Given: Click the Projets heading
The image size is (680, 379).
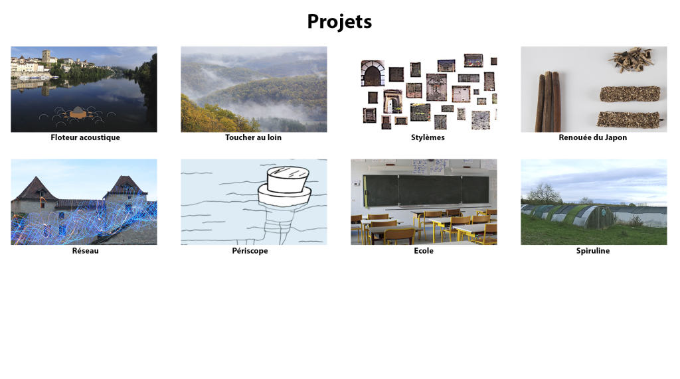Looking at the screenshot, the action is coord(339,22).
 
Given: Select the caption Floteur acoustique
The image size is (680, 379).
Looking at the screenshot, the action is coord(85,137).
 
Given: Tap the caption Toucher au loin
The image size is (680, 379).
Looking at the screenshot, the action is coord(253,137).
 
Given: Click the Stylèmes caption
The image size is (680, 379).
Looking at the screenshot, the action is coord(428,137).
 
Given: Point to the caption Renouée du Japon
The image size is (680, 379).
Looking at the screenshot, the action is coord(592,137).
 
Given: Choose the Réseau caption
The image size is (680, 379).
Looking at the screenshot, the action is coord(85,251).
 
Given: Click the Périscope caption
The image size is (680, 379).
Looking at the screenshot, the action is coord(250,251).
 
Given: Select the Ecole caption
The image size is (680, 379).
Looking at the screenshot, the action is coord(423,251).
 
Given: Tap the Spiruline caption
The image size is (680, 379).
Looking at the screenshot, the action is coord(593,251).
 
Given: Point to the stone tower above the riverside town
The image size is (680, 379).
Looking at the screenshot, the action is coord(46,57).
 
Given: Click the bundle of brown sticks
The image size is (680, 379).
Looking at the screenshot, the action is coord(548,102).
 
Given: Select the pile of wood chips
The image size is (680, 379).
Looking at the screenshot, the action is coord(631,60).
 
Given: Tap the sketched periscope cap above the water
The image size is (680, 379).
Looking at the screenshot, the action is coord(288,180).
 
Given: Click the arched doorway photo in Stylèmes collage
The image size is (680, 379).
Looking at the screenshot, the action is coord(373,73).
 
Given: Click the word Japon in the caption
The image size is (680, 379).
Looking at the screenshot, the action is coord(616,138).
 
